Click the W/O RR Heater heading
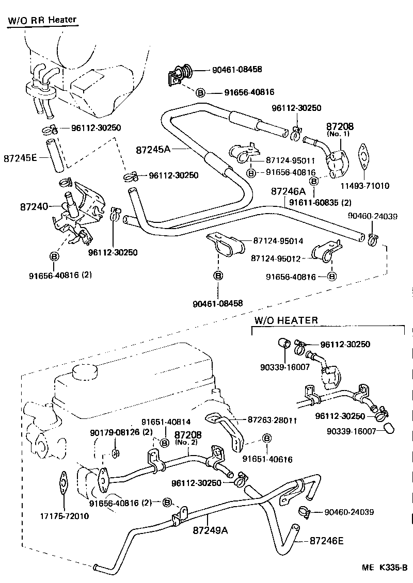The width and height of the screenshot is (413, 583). pos(42,21)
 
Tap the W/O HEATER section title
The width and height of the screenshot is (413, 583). pos(285,320)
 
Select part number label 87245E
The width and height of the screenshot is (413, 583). pos(20,157)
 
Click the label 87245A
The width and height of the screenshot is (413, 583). pos(153,150)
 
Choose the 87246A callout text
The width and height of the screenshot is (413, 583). pos(288,191)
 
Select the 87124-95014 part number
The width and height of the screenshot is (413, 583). pos(278,241)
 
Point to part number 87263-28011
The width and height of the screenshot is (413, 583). pos(272,420)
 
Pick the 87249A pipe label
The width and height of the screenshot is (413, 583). pos(211,530)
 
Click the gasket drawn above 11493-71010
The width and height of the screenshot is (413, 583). pos(366,158)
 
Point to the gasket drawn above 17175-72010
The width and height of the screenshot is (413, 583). pos(64,485)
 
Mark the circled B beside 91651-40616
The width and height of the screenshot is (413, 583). pos(267,439)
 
